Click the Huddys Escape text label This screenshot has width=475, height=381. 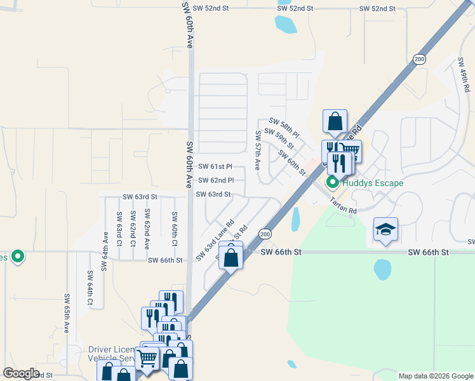point(372,184)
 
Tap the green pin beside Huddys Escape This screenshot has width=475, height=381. point(332,183)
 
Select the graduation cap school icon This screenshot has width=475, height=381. point(385,229)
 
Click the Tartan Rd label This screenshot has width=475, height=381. point(343,205)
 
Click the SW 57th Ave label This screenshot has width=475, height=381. point(258,150)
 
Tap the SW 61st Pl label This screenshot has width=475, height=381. point(215,166)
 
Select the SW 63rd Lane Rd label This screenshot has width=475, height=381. point(215,240)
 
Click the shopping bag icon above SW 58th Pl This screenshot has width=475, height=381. point(335,121)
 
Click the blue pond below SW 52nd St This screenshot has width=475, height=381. point(285,24)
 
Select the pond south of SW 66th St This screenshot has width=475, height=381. point(382,269)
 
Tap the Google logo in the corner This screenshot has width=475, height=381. point(21,373)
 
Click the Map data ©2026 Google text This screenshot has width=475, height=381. point(435,376)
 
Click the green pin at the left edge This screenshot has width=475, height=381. point(18,257)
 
